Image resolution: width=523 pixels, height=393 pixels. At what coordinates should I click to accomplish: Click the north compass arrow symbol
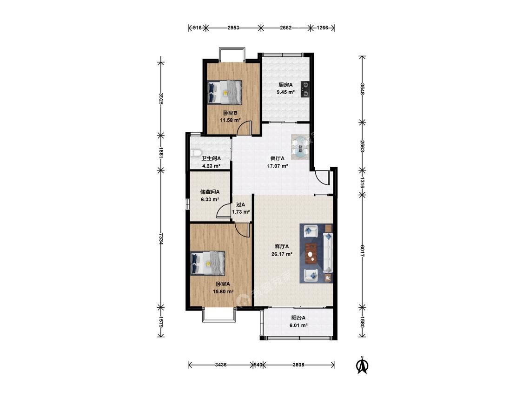pos(362,365)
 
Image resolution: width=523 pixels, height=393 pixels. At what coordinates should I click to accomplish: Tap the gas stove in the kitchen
pos(305,89)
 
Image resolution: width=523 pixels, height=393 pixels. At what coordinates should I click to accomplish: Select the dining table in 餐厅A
pos(301,147)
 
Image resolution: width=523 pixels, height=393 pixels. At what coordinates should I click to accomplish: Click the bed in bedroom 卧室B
pos(224,92)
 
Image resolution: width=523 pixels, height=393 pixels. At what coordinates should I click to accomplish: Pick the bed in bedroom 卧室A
pos(207,263)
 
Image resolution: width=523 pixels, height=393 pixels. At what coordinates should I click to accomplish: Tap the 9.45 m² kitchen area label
pos(285,92)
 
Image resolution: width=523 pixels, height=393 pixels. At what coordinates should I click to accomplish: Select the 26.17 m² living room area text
pos(282,254)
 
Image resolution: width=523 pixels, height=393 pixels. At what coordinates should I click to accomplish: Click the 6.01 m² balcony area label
pos(298,325)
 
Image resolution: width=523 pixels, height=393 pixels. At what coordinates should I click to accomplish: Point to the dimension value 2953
pos(233,28)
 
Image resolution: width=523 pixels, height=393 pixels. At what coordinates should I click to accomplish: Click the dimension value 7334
pos(161,239)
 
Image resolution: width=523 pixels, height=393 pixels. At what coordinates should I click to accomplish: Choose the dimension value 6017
pos(362,251)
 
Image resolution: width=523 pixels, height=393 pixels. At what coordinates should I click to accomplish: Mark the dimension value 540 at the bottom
pos(258,365)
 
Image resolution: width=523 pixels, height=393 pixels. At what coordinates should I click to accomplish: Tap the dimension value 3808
pos(298,365)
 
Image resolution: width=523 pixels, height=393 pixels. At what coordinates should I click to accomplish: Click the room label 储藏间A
pos(210,192)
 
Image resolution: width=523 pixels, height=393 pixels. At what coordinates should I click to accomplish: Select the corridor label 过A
pos(241,204)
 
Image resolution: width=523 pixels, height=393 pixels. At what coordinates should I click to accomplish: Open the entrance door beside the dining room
pos(323,177)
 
